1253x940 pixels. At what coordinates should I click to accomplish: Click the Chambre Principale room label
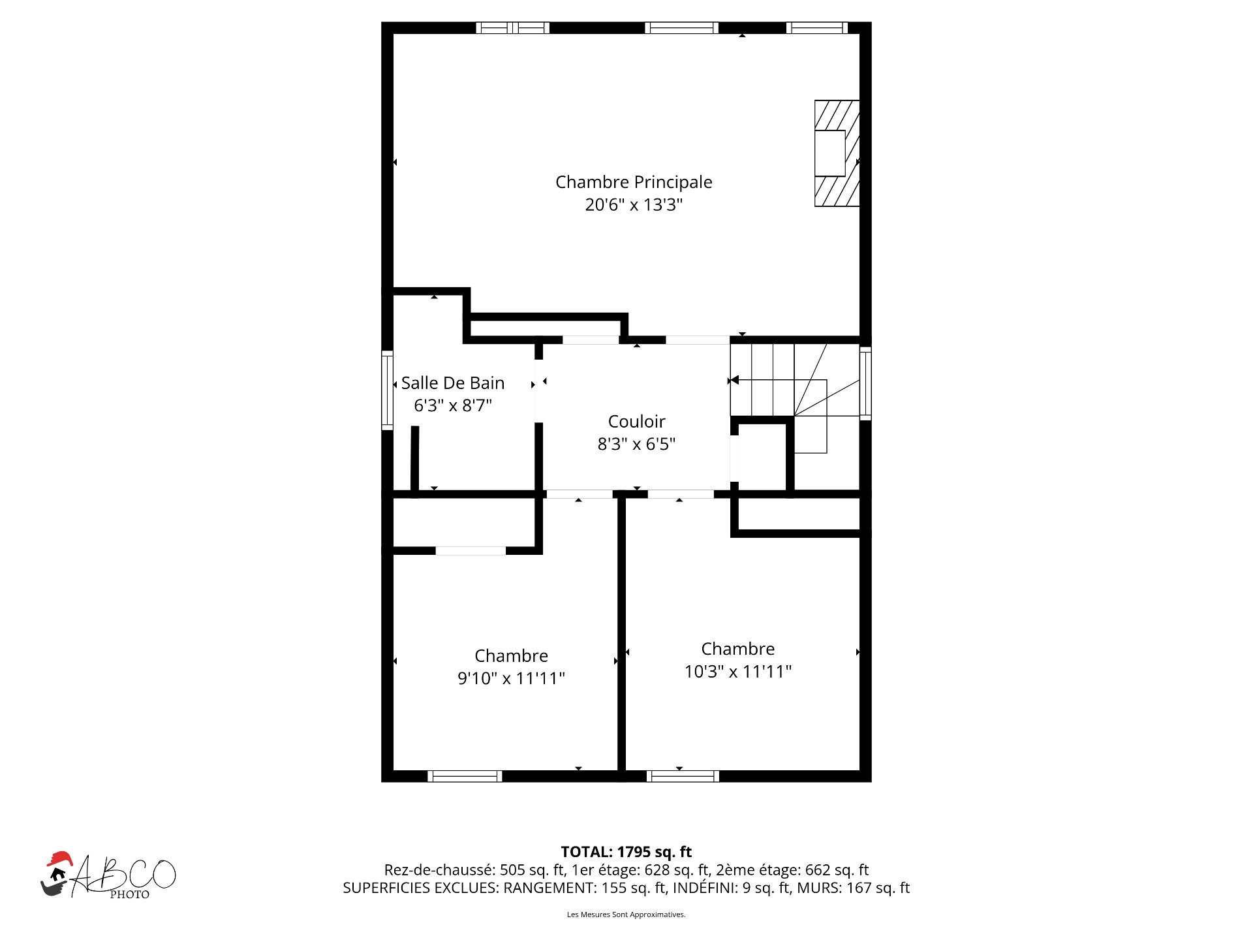[634, 182]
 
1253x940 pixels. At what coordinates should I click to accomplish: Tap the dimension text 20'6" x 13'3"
[634, 205]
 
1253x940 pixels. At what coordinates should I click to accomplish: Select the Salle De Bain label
[453, 383]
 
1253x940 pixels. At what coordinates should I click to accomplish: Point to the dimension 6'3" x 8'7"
[453, 405]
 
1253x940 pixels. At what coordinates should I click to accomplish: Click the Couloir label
[636, 422]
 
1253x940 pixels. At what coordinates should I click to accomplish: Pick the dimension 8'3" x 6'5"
[636, 444]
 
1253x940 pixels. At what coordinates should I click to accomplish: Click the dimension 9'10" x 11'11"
[511, 678]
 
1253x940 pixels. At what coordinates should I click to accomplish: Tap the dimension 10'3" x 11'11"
[737, 672]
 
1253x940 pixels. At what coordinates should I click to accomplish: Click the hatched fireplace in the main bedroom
[837, 153]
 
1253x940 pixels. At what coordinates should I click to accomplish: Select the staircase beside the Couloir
[795, 398]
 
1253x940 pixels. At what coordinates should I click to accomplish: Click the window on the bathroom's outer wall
[387, 390]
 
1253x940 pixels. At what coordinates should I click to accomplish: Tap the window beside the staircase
[865, 384]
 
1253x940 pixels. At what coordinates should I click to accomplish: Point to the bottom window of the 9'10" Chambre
[465, 776]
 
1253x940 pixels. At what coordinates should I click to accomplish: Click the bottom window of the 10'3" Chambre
[683, 776]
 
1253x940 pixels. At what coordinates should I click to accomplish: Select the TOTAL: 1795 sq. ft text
[626, 852]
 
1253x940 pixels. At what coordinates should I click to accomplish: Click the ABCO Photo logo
[108, 875]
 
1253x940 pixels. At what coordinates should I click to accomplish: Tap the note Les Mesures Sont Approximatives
[626, 915]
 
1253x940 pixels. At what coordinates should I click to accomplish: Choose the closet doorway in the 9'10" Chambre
[471, 551]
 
